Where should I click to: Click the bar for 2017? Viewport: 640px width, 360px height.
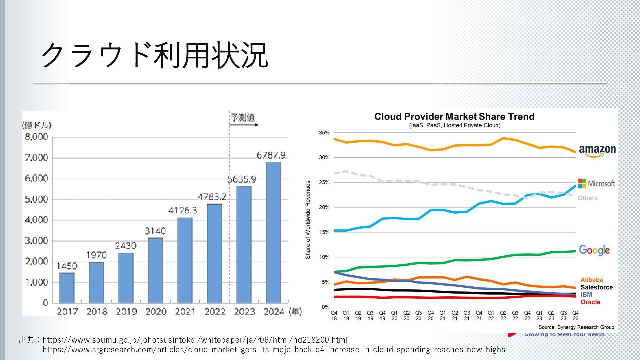click(67, 288)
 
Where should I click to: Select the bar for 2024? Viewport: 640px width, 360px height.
click(273, 232)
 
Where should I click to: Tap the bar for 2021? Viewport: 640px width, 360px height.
click(185, 260)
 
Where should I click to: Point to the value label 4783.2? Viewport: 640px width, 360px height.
click(212, 197)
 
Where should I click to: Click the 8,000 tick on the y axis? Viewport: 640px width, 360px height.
click(37, 137)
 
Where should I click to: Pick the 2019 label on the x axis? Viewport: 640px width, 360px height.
click(126, 312)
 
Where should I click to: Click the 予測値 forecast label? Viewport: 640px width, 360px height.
click(243, 117)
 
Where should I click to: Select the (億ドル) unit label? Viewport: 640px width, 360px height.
click(37, 125)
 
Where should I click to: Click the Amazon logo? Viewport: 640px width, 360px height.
click(597, 151)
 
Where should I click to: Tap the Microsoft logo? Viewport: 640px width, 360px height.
click(596, 184)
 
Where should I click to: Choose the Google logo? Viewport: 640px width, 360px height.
click(594, 250)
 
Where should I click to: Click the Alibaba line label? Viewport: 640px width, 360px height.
click(592, 280)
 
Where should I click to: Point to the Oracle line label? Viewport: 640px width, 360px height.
click(590, 302)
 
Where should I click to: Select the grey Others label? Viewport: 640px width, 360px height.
click(588, 198)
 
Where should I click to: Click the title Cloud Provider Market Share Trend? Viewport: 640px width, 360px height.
click(454, 117)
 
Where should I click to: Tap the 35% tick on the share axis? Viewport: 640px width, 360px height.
click(324, 133)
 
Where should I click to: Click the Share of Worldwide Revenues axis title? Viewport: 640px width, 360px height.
click(308, 220)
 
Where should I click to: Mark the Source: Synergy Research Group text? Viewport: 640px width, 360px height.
click(576, 327)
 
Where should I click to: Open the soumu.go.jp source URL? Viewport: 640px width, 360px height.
click(195, 340)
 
